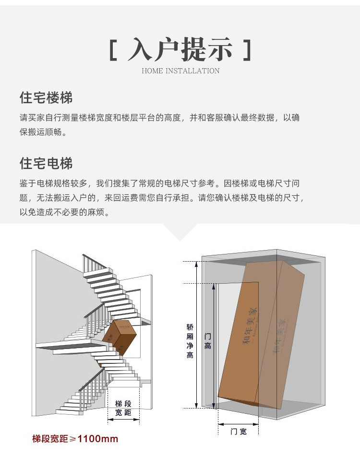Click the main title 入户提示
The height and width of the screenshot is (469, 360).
point(180,50)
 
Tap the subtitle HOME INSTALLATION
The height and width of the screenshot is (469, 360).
point(180,71)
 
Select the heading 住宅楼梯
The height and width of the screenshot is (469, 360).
point(46,98)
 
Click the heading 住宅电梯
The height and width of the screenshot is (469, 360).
point(46,163)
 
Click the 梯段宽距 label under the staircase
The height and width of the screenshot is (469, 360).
point(123,408)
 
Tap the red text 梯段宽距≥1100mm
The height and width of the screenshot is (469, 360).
point(75,439)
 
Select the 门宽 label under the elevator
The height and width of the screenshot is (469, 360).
point(239,432)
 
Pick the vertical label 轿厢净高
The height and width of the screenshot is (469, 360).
point(190,341)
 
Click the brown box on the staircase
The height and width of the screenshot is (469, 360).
point(120,337)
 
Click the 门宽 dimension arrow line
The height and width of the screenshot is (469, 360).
point(239,424)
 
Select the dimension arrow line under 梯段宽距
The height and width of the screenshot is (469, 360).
point(123,420)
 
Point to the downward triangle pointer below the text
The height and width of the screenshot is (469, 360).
point(180,232)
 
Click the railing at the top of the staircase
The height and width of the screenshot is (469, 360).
point(94,263)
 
